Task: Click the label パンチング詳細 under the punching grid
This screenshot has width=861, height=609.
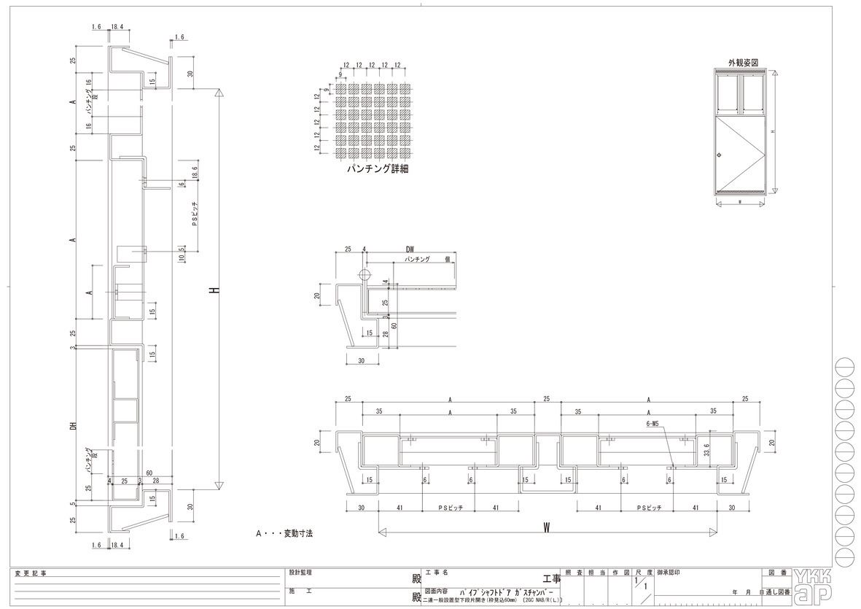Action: click(x=377, y=169)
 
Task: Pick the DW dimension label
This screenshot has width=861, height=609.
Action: click(x=410, y=249)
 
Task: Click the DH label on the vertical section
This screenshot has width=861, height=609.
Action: click(x=73, y=427)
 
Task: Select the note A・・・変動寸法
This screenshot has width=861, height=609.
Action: click(x=284, y=534)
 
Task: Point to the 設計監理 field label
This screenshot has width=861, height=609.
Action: click(x=300, y=573)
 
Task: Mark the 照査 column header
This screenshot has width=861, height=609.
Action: click(x=574, y=573)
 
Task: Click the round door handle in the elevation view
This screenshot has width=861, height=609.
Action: click(x=720, y=155)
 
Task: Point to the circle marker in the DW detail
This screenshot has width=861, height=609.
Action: click(x=364, y=275)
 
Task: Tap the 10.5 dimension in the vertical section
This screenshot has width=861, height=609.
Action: click(x=181, y=253)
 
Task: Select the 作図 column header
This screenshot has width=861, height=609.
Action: click(x=620, y=573)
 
